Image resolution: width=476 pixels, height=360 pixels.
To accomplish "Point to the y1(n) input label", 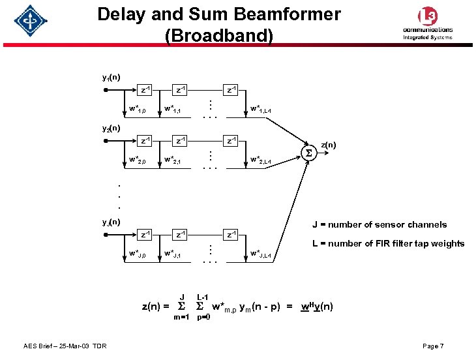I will coord(110,77).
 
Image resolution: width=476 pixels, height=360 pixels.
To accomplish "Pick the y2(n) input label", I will coord(110,128).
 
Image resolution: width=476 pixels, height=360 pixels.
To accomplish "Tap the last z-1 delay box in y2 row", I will coord(231,140).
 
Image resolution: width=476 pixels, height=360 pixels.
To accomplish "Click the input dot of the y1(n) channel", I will coord(106,91).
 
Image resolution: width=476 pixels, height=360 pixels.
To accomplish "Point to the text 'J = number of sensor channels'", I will coord(379,225).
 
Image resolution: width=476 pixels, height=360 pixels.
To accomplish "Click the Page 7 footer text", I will coord(432,346).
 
